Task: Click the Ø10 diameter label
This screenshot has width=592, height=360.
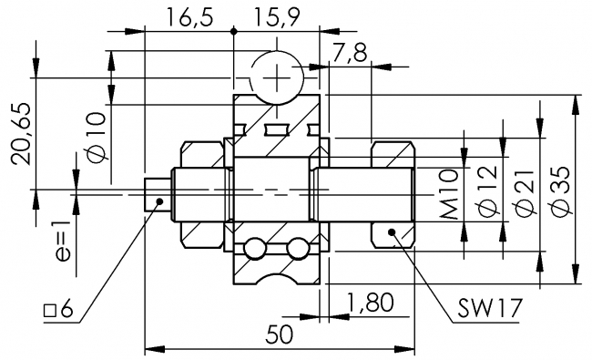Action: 97,137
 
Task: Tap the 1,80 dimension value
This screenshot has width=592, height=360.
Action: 370,303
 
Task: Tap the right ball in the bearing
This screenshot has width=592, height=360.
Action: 296,248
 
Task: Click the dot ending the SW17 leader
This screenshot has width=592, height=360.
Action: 393,233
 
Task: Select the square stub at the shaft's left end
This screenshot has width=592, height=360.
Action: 157,190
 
